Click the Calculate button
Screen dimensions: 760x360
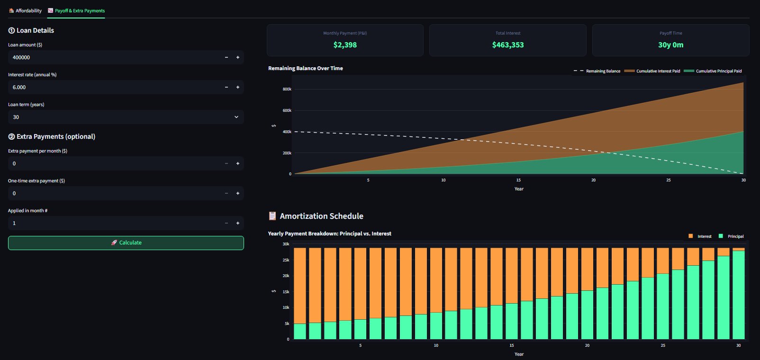(x=126, y=243)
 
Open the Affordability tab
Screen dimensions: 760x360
(x=25, y=10)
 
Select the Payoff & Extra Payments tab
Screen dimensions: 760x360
(x=76, y=10)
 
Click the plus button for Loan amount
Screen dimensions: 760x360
(x=238, y=57)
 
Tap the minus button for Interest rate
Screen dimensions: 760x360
(x=226, y=87)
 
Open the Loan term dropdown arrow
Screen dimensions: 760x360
(x=236, y=117)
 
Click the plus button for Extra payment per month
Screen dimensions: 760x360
(x=238, y=163)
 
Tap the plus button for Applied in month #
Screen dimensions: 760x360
(x=238, y=223)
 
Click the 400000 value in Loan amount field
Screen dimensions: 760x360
(x=21, y=57)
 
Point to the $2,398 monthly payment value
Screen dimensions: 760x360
(x=345, y=45)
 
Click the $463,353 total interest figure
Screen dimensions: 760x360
(x=508, y=45)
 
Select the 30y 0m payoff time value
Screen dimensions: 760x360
(x=671, y=45)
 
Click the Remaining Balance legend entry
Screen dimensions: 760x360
(x=597, y=71)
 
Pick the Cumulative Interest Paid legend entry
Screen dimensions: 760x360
(x=652, y=71)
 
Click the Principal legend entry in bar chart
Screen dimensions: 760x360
(x=731, y=236)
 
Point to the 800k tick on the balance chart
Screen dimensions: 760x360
(x=287, y=89)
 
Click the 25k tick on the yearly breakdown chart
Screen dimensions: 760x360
(x=286, y=260)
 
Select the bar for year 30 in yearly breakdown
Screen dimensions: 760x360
(x=739, y=294)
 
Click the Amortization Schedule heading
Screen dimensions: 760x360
(x=321, y=216)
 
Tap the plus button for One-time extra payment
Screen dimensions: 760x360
(x=238, y=193)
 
